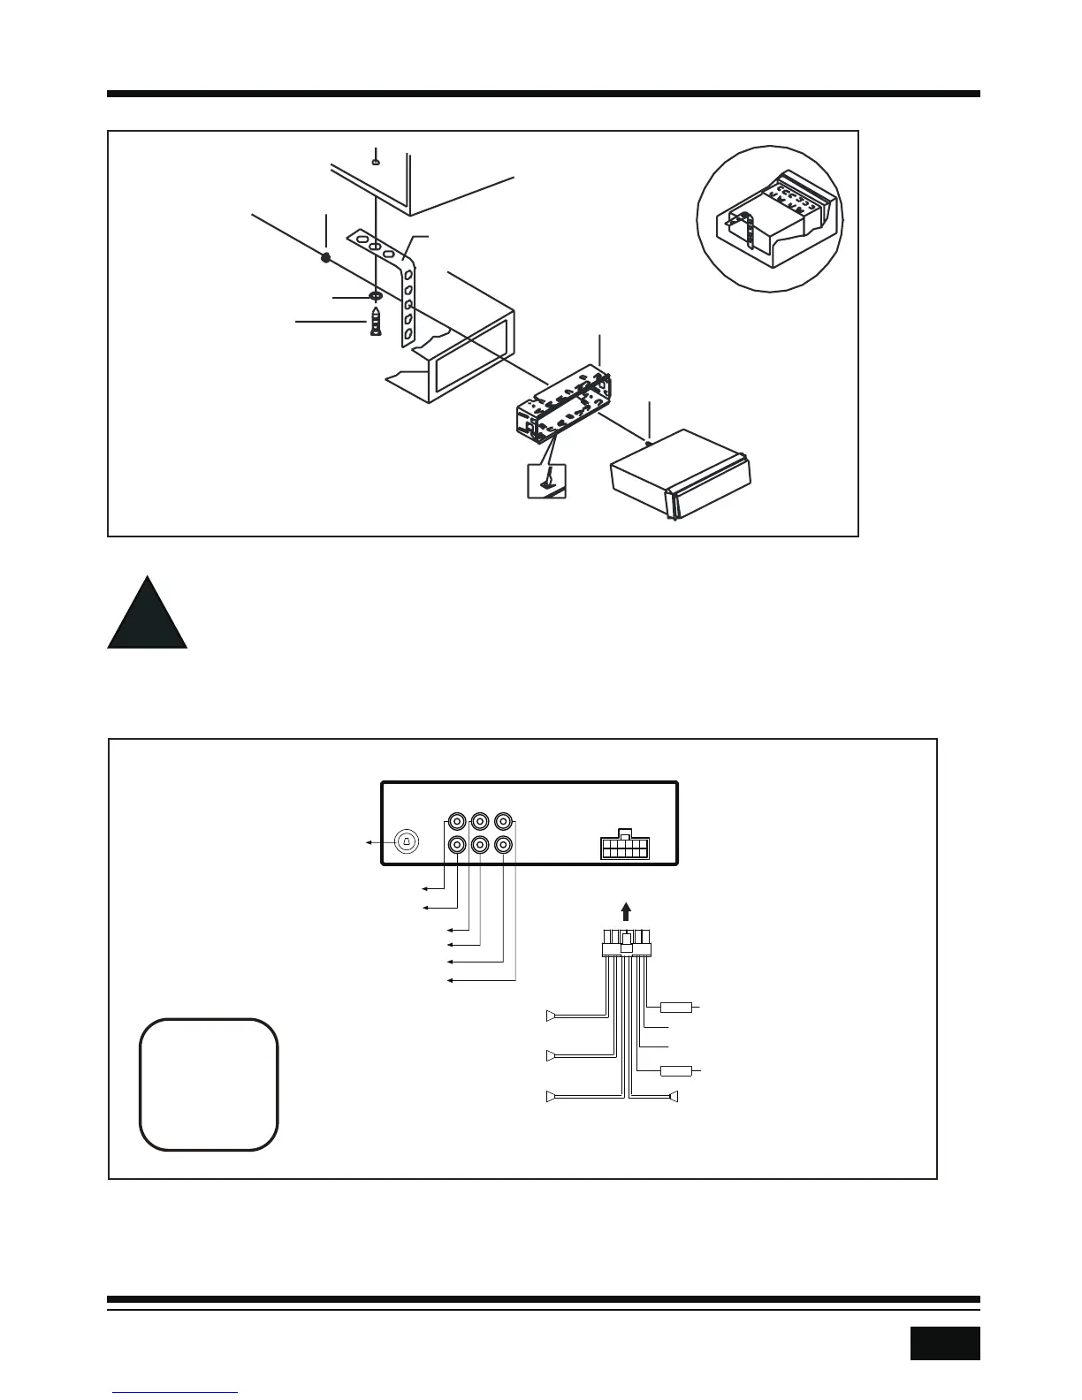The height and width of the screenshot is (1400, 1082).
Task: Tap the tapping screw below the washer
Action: [x=377, y=321]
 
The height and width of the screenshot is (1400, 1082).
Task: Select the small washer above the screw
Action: [x=375, y=295]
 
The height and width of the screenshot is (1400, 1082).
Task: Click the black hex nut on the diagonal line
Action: [x=326, y=257]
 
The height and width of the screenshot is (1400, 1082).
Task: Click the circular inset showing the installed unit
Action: [x=770, y=218]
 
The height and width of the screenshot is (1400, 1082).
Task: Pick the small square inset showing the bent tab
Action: [x=546, y=481]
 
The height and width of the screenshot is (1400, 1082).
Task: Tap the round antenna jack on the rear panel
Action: [x=406, y=841]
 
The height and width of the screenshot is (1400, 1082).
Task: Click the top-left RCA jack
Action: [x=457, y=820]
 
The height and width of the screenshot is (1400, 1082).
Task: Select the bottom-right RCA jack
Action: [x=503, y=845]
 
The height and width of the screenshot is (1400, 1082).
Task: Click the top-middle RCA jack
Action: [x=480, y=820]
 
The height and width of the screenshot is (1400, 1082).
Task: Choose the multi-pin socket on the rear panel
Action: [x=624, y=847]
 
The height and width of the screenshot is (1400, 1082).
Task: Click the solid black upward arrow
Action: [x=626, y=911]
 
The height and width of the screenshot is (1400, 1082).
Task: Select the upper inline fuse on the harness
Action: [x=675, y=1007]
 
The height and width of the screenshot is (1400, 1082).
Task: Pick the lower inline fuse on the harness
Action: [x=675, y=1071]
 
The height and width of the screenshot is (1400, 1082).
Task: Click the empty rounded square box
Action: [x=209, y=1084]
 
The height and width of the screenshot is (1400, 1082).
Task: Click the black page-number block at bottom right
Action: [x=944, y=1343]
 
